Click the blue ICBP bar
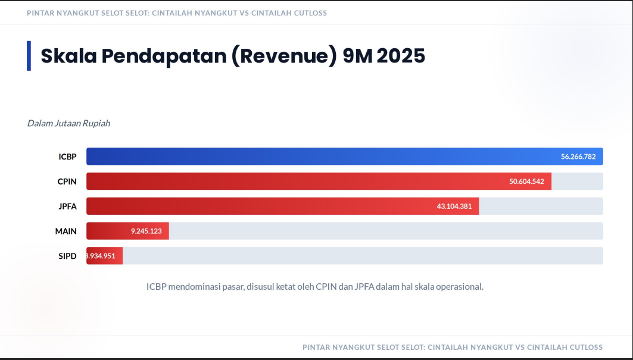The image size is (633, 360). [322, 156]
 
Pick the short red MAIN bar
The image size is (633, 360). [107, 231]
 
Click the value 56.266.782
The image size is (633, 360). [579, 156]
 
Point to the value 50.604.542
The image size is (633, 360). [526, 181]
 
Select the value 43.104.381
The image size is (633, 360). [454, 206]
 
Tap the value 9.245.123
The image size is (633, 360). [146, 231]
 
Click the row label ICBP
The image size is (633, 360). [67, 156]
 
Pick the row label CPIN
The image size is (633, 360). [67, 181]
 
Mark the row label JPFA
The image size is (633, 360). [67, 206]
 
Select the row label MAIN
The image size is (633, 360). [66, 231]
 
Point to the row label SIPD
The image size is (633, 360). [67, 256]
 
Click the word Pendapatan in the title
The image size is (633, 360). [163, 56]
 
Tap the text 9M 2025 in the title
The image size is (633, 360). [384, 56]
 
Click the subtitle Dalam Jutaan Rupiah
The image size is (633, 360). [68, 123]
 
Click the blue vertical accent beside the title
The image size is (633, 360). [29, 56]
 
